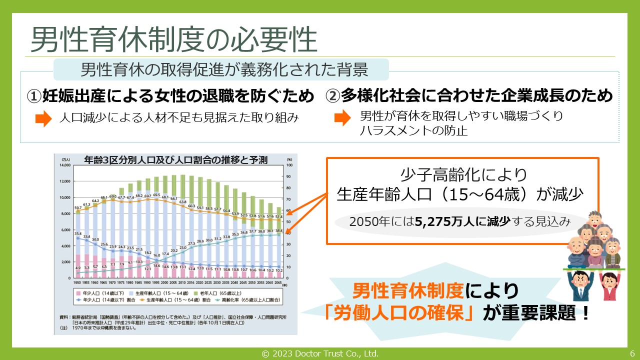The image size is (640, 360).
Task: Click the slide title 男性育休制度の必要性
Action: click(x=174, y=40)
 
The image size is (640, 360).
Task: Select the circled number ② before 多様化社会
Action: click(x=333, y=96)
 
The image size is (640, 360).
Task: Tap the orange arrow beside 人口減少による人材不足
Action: click(x=43, y=119)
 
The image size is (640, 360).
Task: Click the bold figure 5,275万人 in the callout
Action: click(x=439, y=222)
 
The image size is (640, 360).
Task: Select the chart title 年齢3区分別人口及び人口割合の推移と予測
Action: click(x=175, y=160)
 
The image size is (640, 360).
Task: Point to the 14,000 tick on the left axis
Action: click(x=65, y=165)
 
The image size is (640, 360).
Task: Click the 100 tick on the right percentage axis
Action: click(x=289, y=165)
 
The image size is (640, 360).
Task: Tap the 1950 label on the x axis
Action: click(x=78, y=283)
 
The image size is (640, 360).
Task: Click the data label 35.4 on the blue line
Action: click(x=77, y=233)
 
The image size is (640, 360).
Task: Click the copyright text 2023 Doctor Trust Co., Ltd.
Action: click(x=320, y=353)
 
